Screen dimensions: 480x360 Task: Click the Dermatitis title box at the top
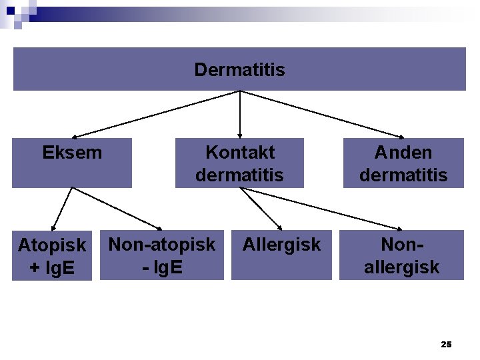[239, 69]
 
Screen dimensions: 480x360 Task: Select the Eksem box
[72, 163]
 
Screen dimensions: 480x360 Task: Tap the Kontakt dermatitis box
[239, 163]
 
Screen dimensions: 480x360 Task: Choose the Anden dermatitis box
[403, 163]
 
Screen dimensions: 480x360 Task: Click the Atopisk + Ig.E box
[52, 255]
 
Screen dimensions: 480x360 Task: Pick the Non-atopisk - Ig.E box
[162, 255]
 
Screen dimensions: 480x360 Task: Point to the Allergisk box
[281, 255]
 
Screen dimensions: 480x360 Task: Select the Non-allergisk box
[401, 255]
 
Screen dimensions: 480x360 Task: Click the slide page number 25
[446, 344]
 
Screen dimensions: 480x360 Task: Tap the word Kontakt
[240, 152]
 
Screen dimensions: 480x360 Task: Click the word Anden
[403, 152]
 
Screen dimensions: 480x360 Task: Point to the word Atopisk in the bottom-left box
[52, 245]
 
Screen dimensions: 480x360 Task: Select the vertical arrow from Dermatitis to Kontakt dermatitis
[240, 114]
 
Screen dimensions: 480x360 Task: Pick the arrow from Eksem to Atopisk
[61, 209]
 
